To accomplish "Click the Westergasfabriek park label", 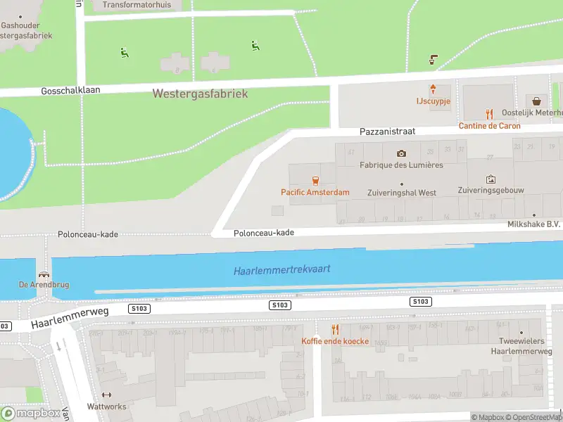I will (x=200, y=94).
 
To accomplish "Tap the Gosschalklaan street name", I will (x=71, y=91).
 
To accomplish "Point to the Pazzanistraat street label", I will (x=387, y=132).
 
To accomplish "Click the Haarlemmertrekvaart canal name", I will (x=282, y=270).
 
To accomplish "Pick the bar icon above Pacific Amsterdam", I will (x=315, y=180).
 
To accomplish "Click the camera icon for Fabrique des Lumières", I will (x=401, y=153).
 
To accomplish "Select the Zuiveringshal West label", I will (x=402, y=193).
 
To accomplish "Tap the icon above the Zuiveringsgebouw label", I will (x=491, y=179).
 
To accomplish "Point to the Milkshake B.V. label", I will (x=533, y=224).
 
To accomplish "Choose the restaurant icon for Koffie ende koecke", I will (x=335, y=329).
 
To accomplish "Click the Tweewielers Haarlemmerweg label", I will (x=521, y=346).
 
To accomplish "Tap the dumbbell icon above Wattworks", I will (x=107, y=395).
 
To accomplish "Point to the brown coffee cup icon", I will (x=434, y=60).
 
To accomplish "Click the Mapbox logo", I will (x=31, y=414).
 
